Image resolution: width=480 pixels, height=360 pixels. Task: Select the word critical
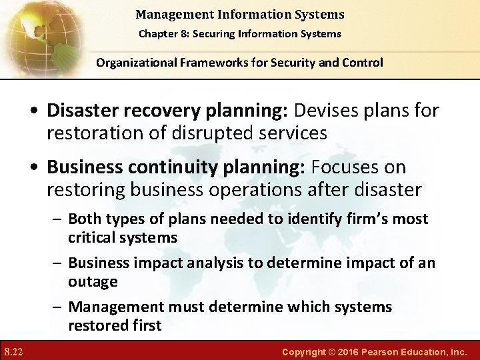(92, 237)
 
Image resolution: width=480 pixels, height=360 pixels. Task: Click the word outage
(93, 281)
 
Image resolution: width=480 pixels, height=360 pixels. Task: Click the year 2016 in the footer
(347, 351)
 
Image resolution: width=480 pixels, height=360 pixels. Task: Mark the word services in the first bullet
(294, 133)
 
